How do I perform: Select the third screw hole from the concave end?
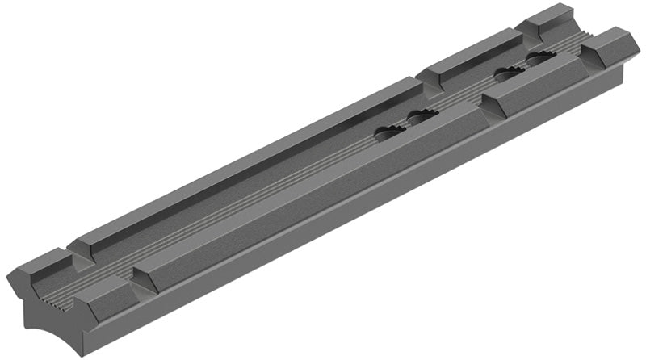[509, 75]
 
